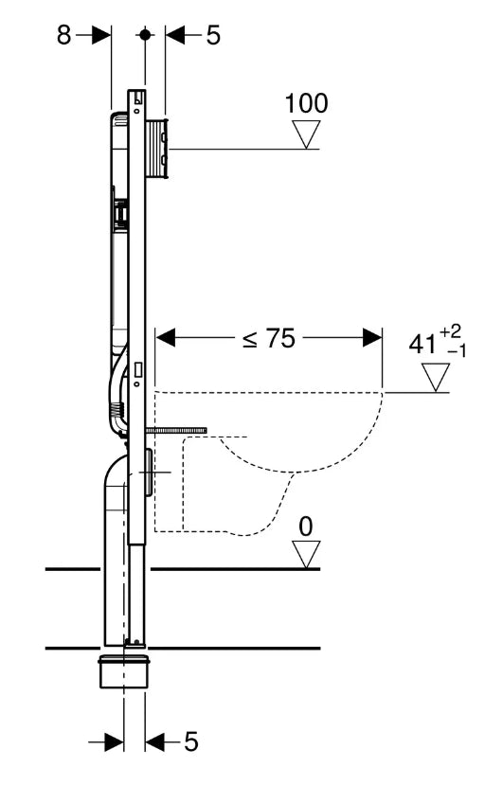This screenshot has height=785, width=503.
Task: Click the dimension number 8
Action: (63, 35)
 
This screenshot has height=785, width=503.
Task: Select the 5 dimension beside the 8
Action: (212, 35)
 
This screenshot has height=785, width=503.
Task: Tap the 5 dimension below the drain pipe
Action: (190, 741)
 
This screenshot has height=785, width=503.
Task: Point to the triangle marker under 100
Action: (307, 136)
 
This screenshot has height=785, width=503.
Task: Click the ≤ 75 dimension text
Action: (268, 339)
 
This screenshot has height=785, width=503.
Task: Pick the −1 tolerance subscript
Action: (457, 350)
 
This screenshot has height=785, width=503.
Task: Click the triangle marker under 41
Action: (435, 378)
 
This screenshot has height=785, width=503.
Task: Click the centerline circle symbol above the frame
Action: (144, 34)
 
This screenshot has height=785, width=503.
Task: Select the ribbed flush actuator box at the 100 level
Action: (157, 147)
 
